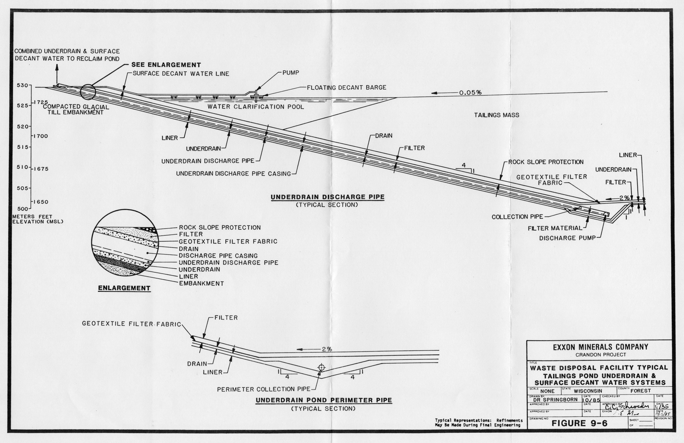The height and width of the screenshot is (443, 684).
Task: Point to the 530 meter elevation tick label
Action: pos(22,85)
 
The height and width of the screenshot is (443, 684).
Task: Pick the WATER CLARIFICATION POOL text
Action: pos(255,107)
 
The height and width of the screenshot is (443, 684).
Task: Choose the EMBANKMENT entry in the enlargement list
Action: pos(201,283)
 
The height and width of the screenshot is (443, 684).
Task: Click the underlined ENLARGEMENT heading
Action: pos(124,288)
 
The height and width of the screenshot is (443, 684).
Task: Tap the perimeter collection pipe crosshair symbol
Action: pos(321,368)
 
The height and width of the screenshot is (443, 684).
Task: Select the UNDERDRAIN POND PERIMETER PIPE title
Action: pos(324,400)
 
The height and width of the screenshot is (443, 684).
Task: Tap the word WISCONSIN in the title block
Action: pos(588,391)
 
